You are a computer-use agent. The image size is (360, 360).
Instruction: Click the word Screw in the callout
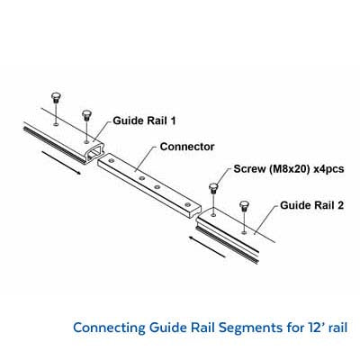pyautogui.click(x=250, y=169)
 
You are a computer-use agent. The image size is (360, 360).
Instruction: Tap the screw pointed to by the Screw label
pyautogui.click(x=213, y=188)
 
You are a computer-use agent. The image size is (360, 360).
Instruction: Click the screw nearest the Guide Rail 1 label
pyautogui.click(x=86, y=116)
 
